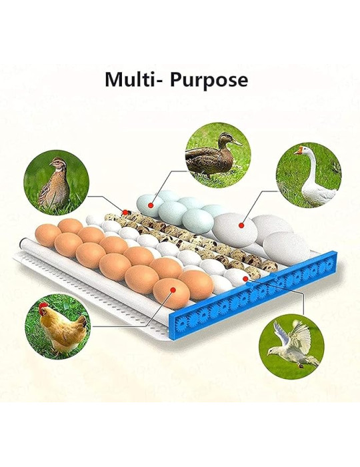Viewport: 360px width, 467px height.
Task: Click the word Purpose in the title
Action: click(209, 80)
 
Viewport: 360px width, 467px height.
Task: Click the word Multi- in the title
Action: click(133, 79)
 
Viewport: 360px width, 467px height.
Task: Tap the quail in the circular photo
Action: click(55, 183)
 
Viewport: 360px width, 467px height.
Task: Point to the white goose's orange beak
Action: click(297, 151)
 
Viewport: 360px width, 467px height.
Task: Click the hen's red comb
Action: click(44, 307)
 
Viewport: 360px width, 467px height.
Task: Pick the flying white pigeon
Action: click(293, 343)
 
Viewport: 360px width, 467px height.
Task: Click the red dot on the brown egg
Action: click(173, 290)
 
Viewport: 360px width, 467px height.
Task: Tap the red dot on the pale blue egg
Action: click(151, 205)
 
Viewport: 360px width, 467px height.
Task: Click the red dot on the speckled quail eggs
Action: click(125, 212)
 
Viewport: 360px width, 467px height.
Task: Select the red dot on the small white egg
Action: click(245, 278)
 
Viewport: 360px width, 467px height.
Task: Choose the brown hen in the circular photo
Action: click(61, 327)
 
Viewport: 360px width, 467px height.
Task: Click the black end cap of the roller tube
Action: click(20, 242)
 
